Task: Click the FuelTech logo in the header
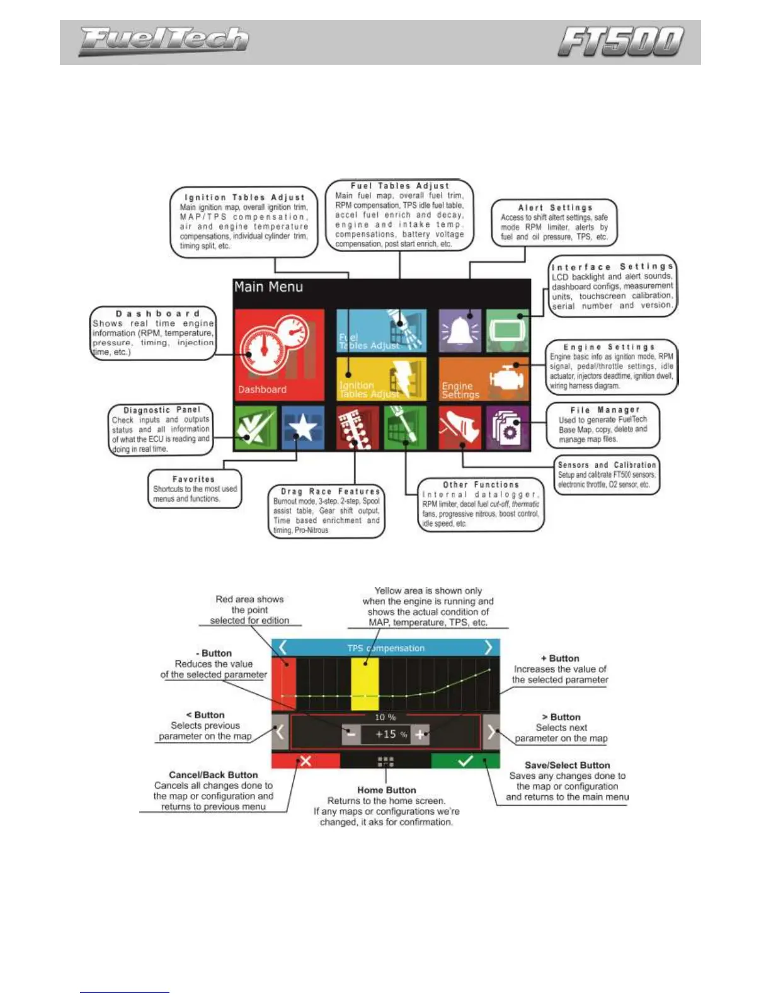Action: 164,41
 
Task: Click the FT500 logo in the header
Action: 620,42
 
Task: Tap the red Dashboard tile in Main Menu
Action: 279,354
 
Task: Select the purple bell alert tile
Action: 460,330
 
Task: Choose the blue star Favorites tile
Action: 302,428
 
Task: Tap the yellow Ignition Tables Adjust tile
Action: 380,379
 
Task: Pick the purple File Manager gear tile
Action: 507,428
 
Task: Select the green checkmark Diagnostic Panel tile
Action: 254,428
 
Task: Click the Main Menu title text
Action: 268,287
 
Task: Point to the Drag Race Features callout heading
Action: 331,491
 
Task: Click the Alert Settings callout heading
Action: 555,208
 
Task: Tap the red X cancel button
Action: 306,761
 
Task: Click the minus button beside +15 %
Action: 351,734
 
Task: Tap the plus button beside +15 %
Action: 420,734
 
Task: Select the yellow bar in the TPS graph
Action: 365,684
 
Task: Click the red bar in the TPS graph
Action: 287,684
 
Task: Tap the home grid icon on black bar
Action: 385,761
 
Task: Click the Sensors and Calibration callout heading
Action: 607,465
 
